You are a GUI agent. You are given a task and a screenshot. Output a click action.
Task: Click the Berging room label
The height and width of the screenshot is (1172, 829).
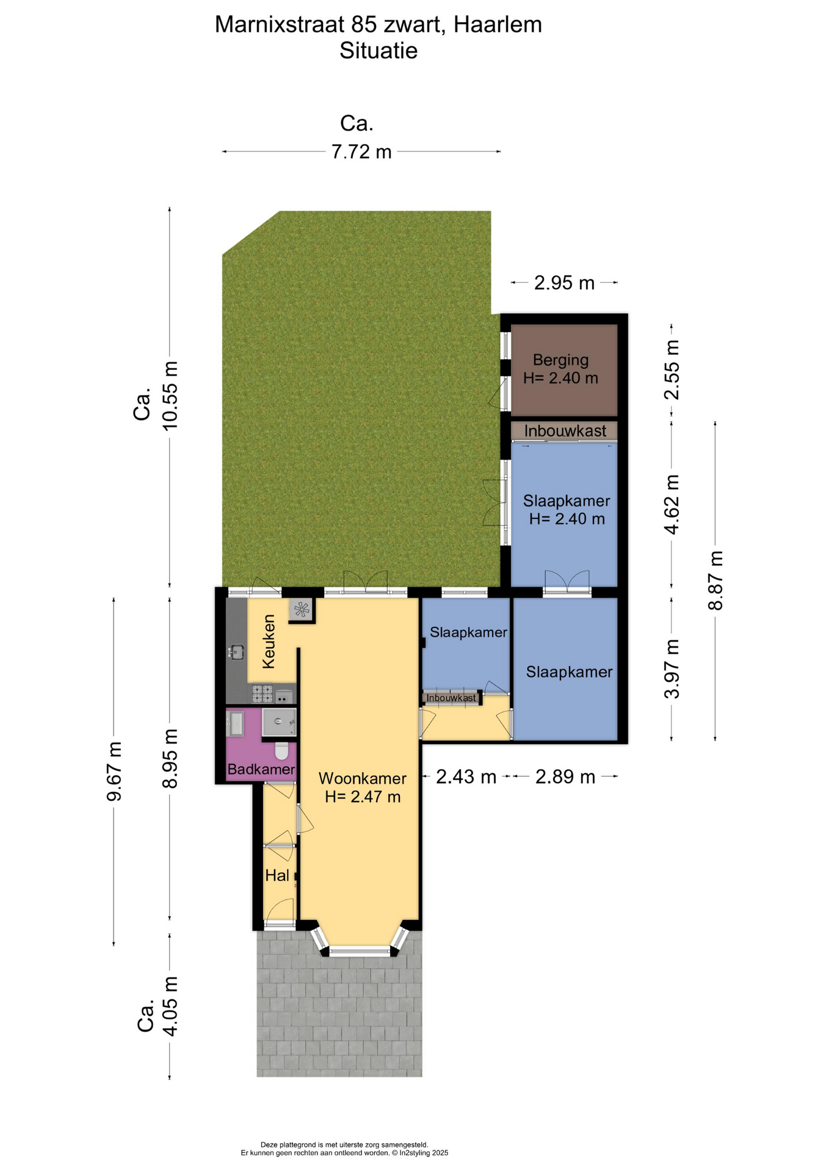click(x=560, y=360)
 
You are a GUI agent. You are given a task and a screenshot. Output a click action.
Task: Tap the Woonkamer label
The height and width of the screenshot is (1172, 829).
click(x=363, y=778)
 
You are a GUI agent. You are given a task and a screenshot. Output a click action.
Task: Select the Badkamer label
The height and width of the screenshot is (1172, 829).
click(x=261, y=769)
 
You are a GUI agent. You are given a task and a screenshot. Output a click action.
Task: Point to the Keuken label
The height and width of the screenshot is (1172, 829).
click(x=269, y=642)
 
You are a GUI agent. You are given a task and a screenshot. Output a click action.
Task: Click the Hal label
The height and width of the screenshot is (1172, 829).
click(x=277, y=876)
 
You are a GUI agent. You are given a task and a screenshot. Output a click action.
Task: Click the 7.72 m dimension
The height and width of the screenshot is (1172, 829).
click(x=361, y=151)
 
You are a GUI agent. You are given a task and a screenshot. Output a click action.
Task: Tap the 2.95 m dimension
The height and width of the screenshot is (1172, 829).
click(x=564, y=283)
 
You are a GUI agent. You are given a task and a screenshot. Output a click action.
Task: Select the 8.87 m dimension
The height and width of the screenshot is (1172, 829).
click(x=715, y=581)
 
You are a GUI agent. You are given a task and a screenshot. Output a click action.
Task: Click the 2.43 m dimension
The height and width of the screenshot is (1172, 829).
click(x=466, y=777)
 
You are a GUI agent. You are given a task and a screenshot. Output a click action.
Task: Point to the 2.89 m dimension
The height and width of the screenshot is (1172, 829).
click(x=565, y=777)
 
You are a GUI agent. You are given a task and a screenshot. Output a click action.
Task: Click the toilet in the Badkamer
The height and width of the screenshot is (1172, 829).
click(x=281, y=750)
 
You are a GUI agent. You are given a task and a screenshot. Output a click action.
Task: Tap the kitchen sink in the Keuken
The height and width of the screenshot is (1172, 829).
click(x=236, y=653)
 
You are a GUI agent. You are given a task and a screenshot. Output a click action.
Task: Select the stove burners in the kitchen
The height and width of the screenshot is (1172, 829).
click(x=262, y=694)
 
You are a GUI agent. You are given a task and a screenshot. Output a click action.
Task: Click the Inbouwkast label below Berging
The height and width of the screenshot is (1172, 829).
click(x=565, y=431)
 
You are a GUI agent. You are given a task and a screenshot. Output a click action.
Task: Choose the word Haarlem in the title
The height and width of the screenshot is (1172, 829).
click(x=498, y=24)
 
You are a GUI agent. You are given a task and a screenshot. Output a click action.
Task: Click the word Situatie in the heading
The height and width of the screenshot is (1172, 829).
click(x=378, y=51)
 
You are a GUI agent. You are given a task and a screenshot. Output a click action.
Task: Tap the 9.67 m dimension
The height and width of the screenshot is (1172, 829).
click(x=114, y=772)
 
